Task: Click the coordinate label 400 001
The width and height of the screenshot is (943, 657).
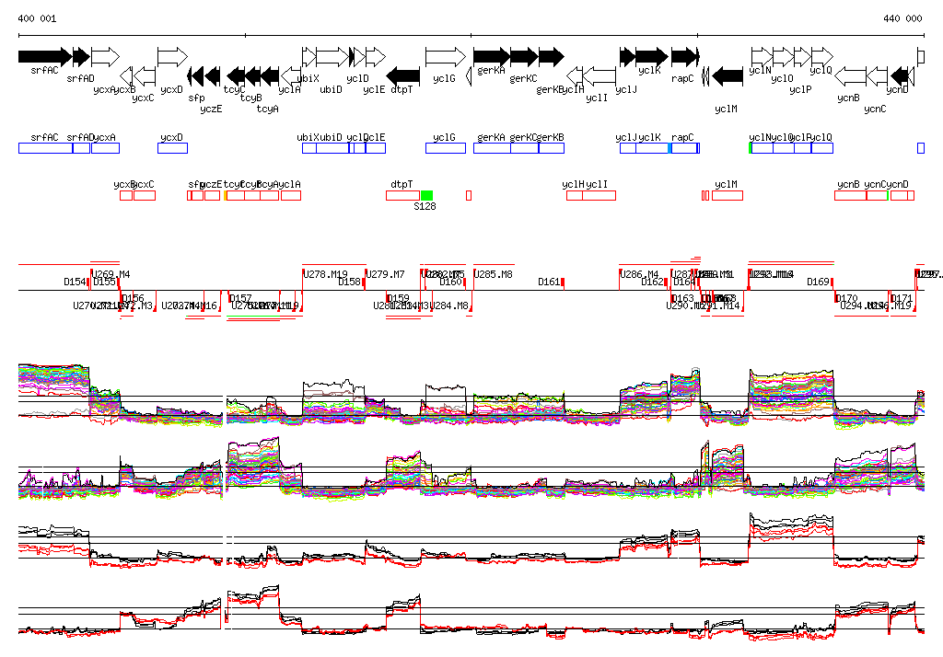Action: point(37,18)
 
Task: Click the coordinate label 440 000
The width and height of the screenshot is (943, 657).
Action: point(902,18)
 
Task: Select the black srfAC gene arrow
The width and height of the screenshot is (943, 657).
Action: point(44,56)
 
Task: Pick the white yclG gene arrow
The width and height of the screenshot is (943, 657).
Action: point(445,56)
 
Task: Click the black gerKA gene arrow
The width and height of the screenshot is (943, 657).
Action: point(491,56)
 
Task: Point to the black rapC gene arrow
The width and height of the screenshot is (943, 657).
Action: point(682,56)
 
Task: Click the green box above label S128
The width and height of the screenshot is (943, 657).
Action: point(426,195)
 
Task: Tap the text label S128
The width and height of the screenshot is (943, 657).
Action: point(425,207)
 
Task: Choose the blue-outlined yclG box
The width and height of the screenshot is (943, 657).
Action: point(445,148)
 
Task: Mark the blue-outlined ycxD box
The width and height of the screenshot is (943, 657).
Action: point(172,148)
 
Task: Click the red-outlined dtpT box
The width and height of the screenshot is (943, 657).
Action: point(402,195)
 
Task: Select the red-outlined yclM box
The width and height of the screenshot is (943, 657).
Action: point(728,195)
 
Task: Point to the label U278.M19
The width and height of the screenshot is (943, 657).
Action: point(327,274)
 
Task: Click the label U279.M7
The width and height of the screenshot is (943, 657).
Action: point(386,274)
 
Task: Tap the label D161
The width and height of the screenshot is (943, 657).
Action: point(549,282)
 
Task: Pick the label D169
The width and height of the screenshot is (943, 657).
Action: point(818,282)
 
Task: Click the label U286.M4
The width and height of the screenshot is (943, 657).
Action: point(640,274)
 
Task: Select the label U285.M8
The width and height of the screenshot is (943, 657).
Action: point(494,274)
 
